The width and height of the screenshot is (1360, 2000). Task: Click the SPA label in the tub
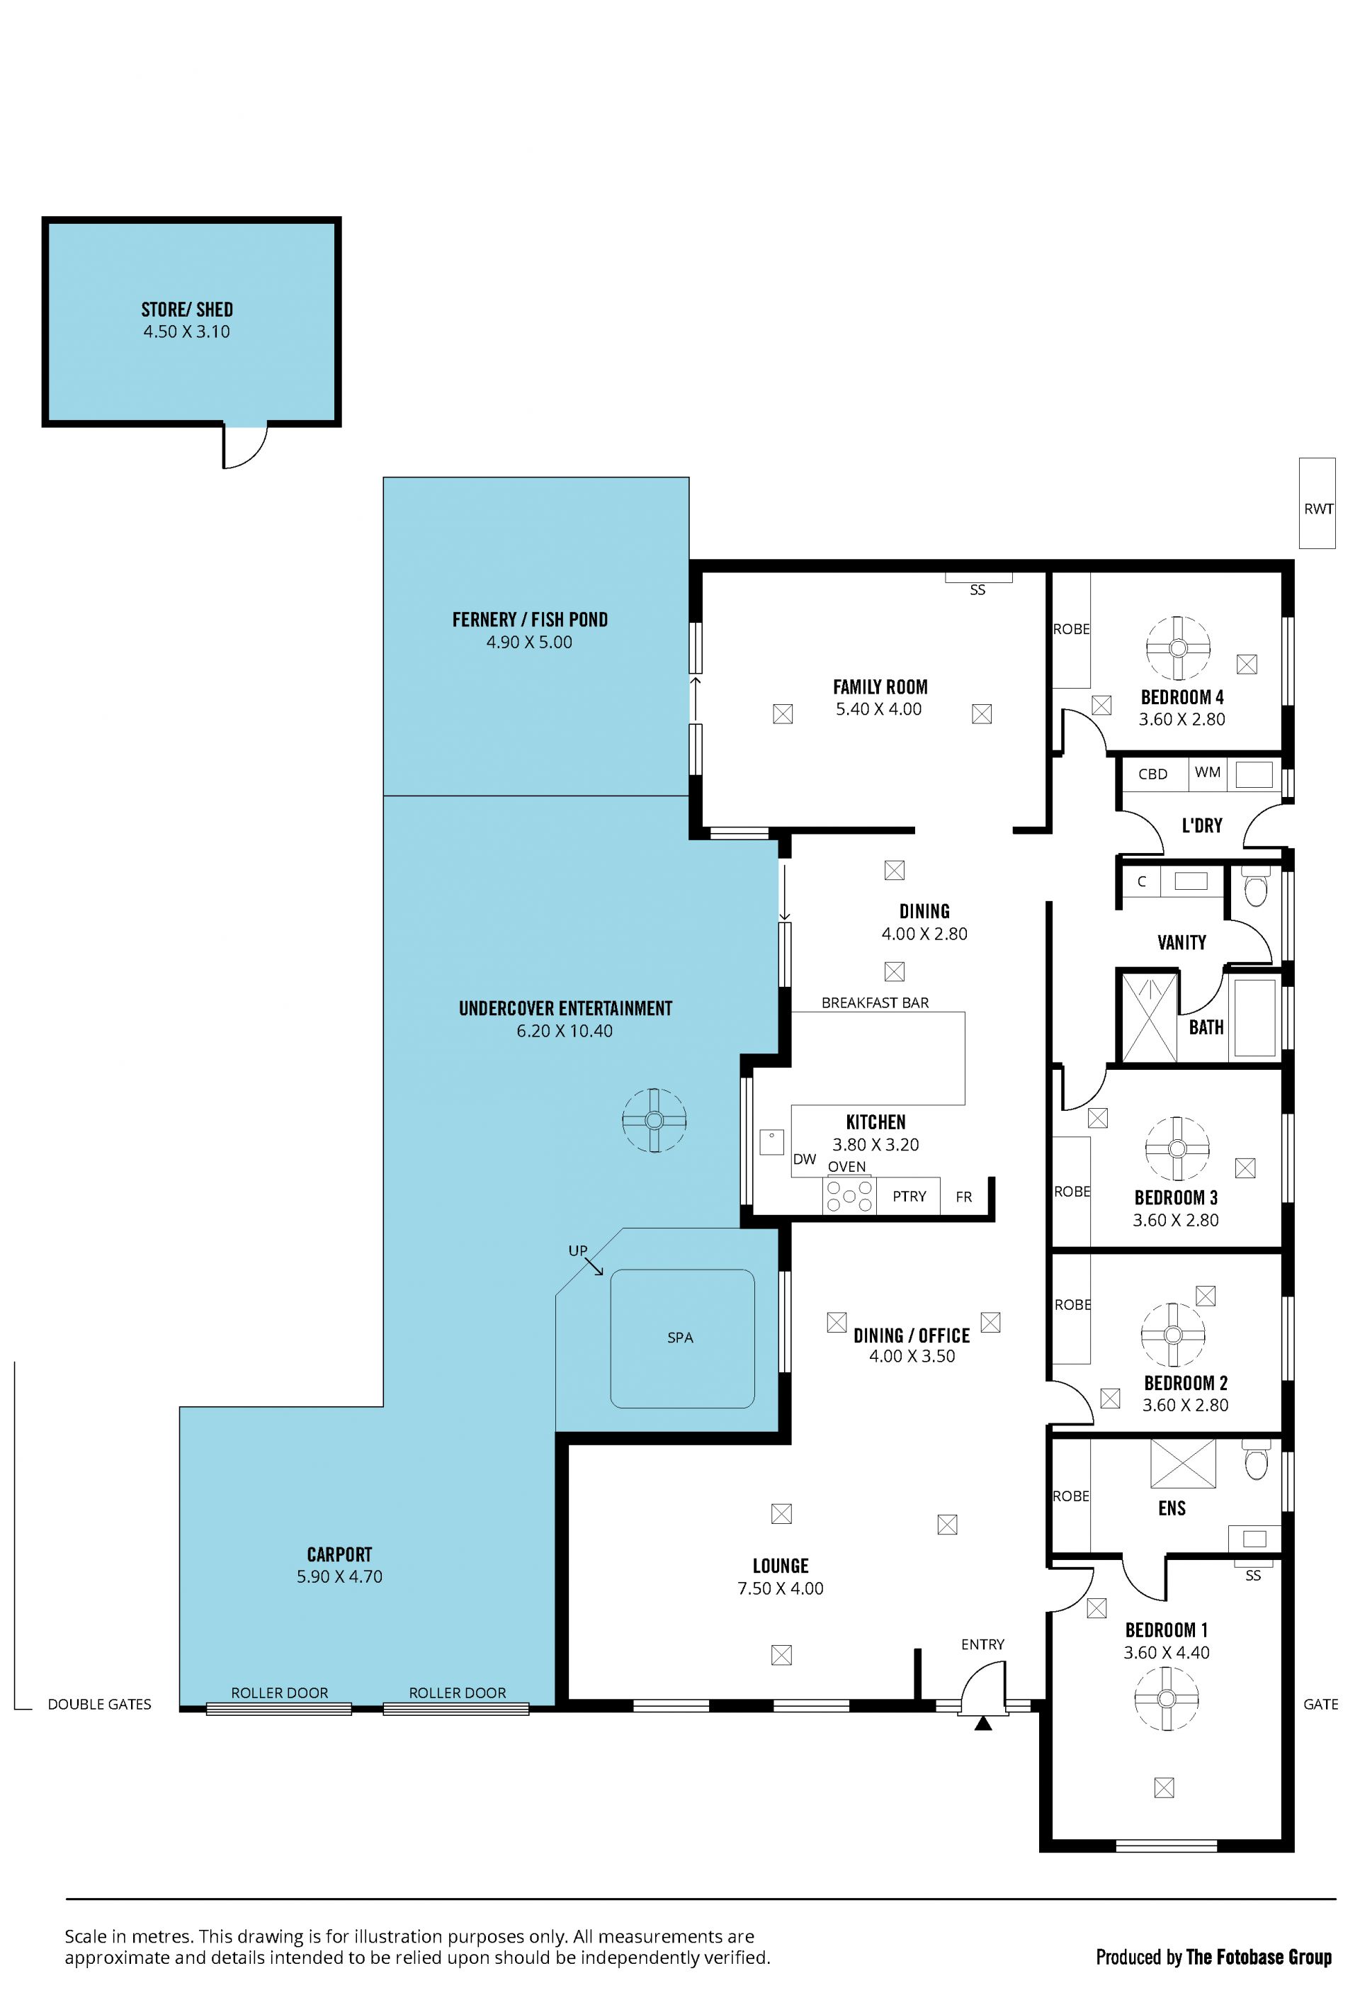pyautogui.click(x=679, y=1338)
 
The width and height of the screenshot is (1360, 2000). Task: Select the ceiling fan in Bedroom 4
pyautogui.click(x=1178, y=648)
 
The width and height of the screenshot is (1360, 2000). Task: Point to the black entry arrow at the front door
pyautogui.click(x=983, y=1723)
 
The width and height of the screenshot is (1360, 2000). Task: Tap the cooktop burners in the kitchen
pyautogui.click(x=848, y=1195)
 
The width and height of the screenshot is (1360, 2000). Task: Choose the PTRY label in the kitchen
pyautogui.click(x=909, y=1196)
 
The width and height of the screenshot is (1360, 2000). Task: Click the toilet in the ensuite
pyautogui.click(x=1256, y=1459)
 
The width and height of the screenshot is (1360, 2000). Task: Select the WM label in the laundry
pyautogui.click(x=1207, y=772)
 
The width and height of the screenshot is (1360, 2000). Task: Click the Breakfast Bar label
pyautogui.click(x=875, y=1002)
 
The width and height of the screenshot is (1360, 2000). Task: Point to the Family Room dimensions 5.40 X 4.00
pyautogui.click(x=878, y=709)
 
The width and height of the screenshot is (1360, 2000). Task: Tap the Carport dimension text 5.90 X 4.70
pyautogui.click(x=340, y=1576)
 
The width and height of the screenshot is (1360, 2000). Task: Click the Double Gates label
pyautogui.click(x=100, y=1704)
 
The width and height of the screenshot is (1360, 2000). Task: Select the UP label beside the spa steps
pyautogui.click(x=577, y=1250)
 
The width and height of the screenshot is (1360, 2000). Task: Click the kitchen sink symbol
pyautogui.click(x=771, y=1142)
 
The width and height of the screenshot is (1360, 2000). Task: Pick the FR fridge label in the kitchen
pyautogui.click(x=963, y=1196)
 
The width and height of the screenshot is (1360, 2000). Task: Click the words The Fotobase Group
pyautogui.click(x=1259, y=1957)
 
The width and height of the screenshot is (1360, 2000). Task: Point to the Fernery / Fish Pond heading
pyautogui.click(x=530, y=620)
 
